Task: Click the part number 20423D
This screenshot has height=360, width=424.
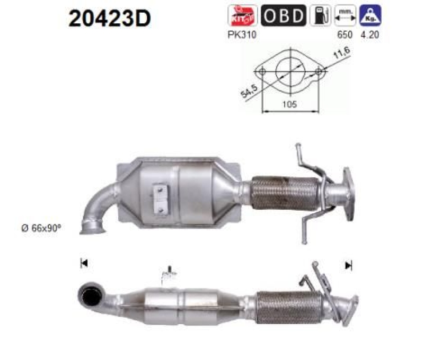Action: pyautogui.click(x=110, y=19)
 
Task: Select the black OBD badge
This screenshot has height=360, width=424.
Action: pyautogui.click(x=284, y=16)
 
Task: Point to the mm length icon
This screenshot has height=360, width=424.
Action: pyautogui.click(x=346, y=16)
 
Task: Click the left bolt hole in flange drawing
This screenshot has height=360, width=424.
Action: pyautogui.click(x=261, y=71)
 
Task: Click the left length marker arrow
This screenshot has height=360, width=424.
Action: pyautogui.click(x=83, y=264)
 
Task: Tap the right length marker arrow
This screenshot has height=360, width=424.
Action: pyautogui.click(x=348, y=265)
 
